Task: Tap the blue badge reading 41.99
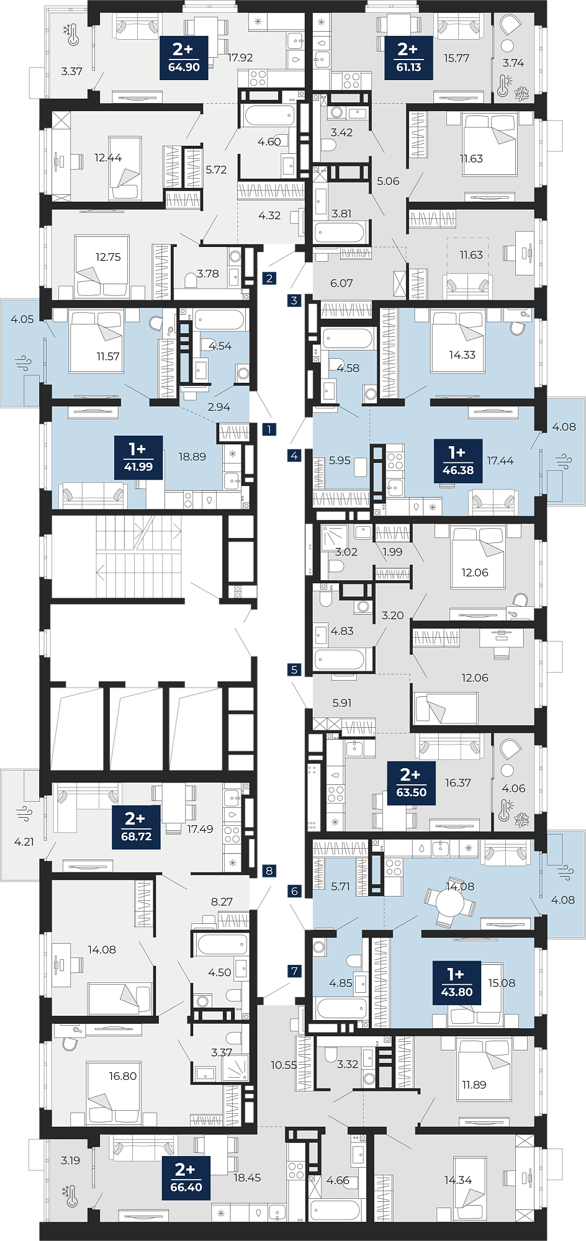[x=138, y=457]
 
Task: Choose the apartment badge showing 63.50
[x=411, y=784]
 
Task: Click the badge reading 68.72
[x=136, y=827]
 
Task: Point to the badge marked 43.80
[x=457, y=983]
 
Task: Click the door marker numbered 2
[x=269, y=278]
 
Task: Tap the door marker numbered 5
[x=294, y=670]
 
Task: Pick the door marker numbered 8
[x=269, y=871]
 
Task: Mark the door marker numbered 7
[x=294, y=971]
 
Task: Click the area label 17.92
[x=240, y=58]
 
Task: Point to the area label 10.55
[x=284, y=1065]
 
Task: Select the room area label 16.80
[x=123, y=1076]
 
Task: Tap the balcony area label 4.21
[x=24, y=841]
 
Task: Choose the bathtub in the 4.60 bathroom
[x=269, y=115]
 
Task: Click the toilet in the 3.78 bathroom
[x=191, y=280]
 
